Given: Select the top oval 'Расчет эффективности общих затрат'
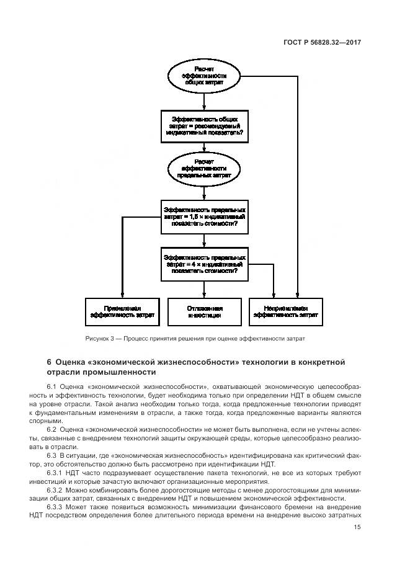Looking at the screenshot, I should pyautogui.click(x=204, y=75).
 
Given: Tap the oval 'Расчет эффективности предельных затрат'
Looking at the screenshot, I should pyautogui.click(x=204, y=168).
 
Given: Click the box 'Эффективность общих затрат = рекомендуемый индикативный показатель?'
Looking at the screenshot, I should pyautogui.click(x=204, y=125).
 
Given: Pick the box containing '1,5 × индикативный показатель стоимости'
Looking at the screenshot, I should pyautogui.click(x=204, y=216).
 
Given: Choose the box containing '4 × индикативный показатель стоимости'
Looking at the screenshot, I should pyautogui.click(x=204, y=264).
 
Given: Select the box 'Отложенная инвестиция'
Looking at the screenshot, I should pyautogui.click(x=204, y=312).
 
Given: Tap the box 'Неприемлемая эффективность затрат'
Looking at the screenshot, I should pyautogui.click(x=286, y=312).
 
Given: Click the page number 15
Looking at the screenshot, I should pyautogui.click(x=358, y=528).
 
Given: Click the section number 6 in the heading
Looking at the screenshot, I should pyautogui.click(x=49, y=362).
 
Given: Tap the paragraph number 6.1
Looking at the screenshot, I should pyautogui.click(x=51, y=386).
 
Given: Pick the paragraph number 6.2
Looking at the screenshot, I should pyautogui.click(x=51, y=430).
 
